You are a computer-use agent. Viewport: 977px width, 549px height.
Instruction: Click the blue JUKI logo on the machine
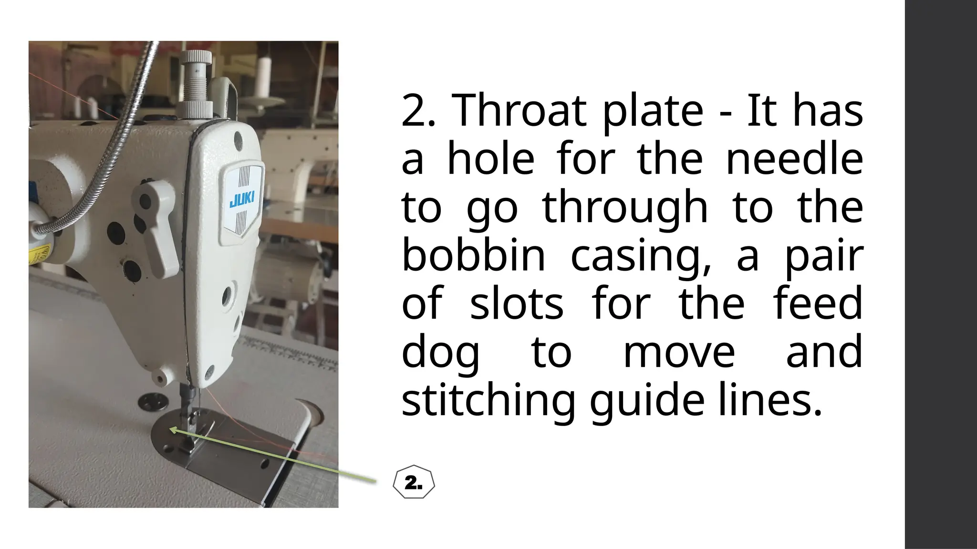tap(242, 199)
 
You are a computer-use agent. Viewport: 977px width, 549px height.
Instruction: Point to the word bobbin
tap(473, 255)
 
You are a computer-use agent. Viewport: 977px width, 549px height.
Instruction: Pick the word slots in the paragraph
tap(517, 304)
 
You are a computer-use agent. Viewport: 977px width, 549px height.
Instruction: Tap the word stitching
tap(488, 401)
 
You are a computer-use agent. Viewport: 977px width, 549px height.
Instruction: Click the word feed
tap(818, 304)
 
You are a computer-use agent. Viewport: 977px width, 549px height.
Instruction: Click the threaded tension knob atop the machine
tap(196, 81)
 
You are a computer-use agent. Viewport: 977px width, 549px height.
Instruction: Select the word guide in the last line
tap(646, 401)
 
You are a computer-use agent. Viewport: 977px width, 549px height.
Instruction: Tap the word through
tap(625, 208)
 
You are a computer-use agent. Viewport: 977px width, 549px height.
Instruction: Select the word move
tap(679, 353)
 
